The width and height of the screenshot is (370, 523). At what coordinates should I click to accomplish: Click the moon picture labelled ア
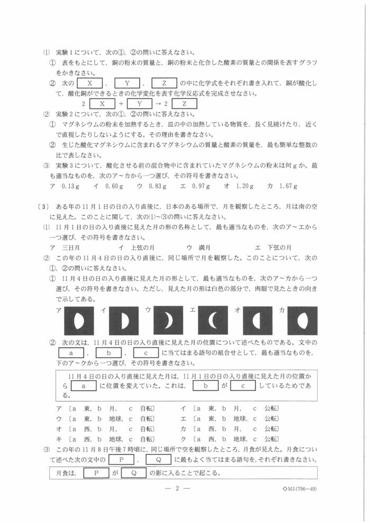coord(79,320)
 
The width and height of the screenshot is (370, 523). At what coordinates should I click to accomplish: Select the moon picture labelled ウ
coord(168,320)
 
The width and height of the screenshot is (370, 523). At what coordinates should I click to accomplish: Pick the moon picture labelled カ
coord(302,320)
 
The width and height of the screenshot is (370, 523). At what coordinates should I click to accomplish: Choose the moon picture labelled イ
coord(124,320)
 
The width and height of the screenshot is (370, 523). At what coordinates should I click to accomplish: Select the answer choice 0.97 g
coord(201,186)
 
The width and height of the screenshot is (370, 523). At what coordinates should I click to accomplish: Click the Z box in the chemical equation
coord(184,104)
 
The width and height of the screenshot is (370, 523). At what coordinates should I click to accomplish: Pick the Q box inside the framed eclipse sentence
coord(134,473)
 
